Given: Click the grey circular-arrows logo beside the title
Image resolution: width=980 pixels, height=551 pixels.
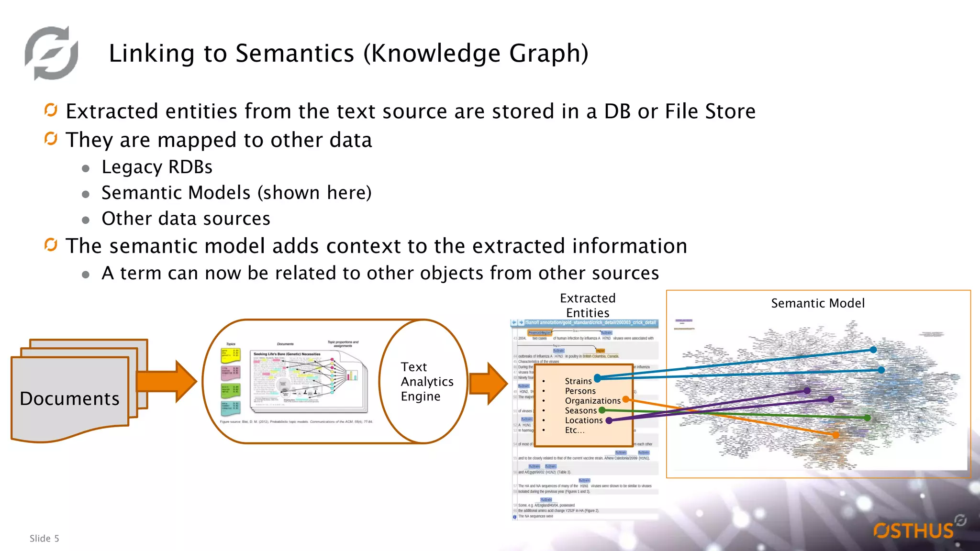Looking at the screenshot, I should point(52,53).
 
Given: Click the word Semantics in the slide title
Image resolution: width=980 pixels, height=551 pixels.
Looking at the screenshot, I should point(294,53).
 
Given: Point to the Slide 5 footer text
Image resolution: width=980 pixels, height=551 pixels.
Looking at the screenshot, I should point(44,539).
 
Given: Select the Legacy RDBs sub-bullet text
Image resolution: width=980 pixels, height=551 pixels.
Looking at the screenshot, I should point(156,167).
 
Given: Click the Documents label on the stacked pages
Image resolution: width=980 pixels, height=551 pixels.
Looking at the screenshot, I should point(69,398).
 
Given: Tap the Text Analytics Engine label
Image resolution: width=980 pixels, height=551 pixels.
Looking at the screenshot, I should point(426,381).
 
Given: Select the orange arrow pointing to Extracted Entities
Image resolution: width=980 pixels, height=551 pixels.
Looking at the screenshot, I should point(488,383).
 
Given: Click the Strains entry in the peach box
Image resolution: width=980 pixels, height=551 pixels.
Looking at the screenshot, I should point(578,381).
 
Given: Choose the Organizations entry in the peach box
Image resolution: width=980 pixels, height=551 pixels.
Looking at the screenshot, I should point(592,401).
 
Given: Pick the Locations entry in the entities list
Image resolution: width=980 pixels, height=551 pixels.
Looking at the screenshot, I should point(583,420).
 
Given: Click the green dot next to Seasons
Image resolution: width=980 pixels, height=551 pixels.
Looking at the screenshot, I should point(602,410).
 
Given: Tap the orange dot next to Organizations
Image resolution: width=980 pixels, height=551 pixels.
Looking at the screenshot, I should point(625,399).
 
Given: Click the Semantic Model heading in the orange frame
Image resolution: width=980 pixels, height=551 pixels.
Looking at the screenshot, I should point(817,303).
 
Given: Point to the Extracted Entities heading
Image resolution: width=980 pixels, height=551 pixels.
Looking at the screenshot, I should point(588,305).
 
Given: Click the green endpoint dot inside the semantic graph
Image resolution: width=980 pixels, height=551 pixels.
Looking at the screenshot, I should point(867,418).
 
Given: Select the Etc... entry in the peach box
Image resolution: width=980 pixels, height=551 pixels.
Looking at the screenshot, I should point(574,430).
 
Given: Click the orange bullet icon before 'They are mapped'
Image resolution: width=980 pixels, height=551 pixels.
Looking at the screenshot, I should point(51,139).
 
